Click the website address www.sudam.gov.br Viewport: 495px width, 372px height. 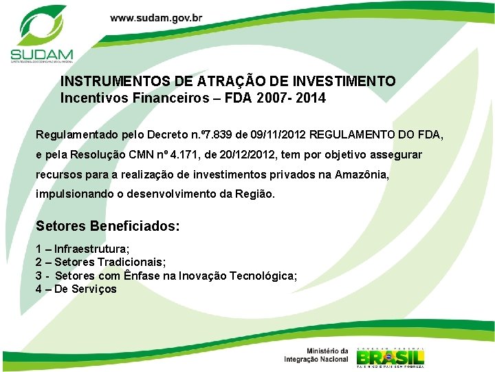(x=156, y=18)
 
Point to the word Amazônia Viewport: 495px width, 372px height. (x=362, y=175)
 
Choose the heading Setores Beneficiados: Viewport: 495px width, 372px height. (x=107, y=226)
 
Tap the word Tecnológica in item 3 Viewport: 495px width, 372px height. (x=264, y=276)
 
